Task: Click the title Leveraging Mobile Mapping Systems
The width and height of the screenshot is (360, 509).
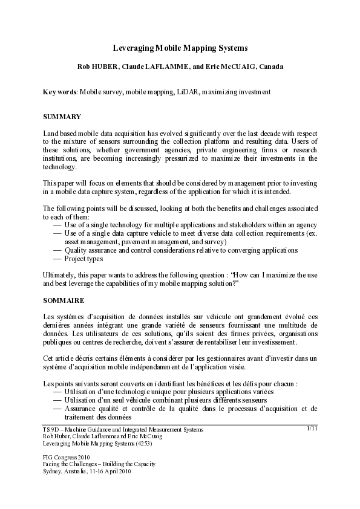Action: click(180, 47)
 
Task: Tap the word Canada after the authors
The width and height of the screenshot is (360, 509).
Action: click(270, 66)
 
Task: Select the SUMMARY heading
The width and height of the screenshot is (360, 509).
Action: click(62, 116)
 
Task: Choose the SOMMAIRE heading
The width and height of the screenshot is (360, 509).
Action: click(64, 300)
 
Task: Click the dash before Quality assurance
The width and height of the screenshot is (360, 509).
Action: click(57, 250)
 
